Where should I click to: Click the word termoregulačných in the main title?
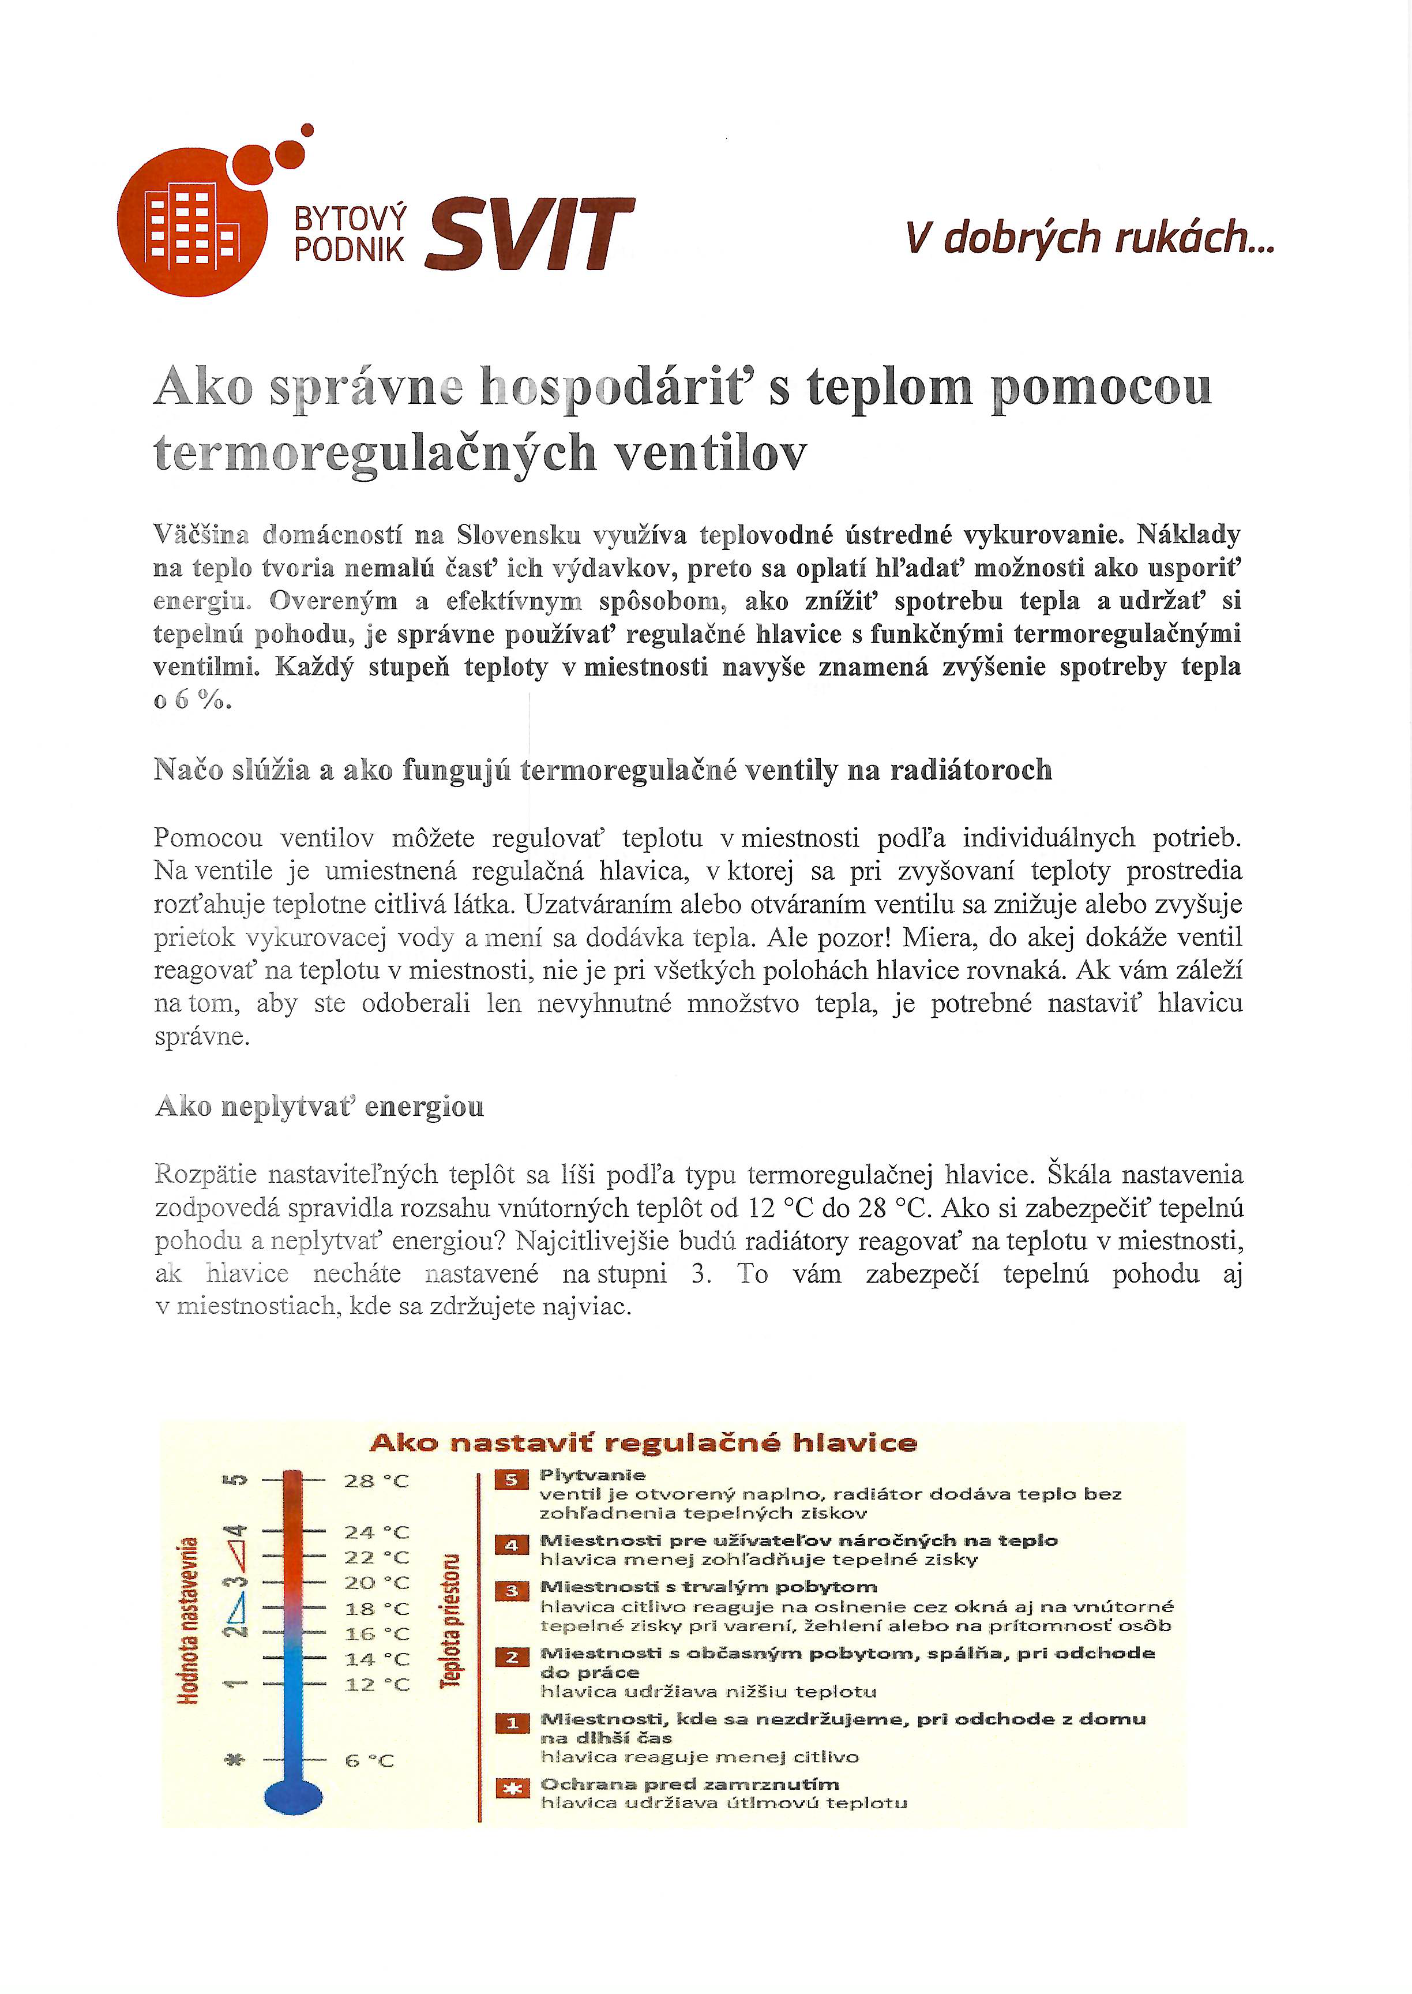coord(375,453)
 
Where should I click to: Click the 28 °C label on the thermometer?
coord(375,1481)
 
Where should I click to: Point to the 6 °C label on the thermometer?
coord(370,1761)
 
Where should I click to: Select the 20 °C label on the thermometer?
coord(375,1583)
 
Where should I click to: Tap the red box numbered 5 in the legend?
coord(511,1480)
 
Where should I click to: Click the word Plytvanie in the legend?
coord(592,1475)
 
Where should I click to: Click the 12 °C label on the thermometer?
coord(375,1684)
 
